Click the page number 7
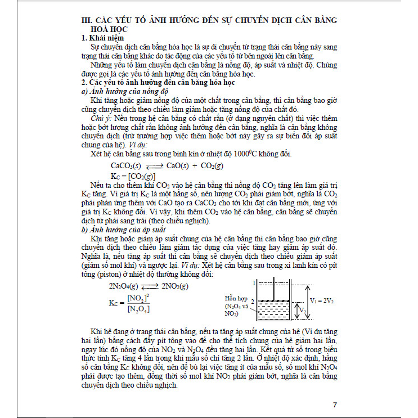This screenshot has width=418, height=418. pos(335,404)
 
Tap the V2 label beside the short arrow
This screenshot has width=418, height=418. pos(302,311)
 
